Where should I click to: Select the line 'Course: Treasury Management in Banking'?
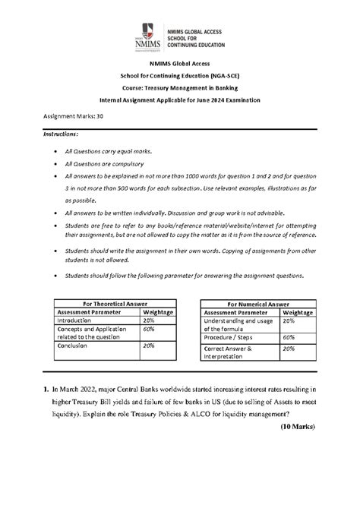[180, 88]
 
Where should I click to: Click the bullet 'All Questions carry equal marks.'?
[114, 151]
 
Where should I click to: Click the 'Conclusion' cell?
[74, 346]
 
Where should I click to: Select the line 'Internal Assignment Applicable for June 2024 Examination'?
[180, 99]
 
